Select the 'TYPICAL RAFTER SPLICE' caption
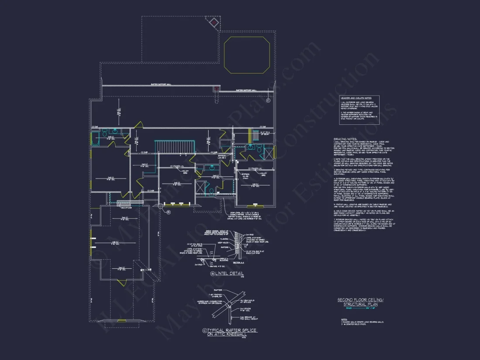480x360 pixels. pyautogui.click(x=233, y=331)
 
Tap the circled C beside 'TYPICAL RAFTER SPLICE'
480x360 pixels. pyautogui.click(x=204, y=331)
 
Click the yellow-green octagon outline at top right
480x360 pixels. pyautogui.click(x=247, y=55)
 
